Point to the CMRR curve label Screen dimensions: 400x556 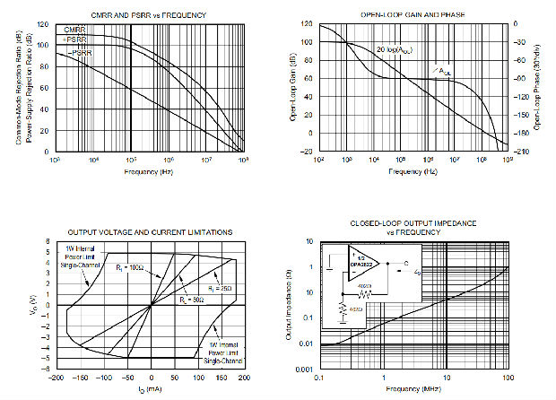[x=74, y=30]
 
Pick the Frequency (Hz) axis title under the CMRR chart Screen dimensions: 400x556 [x=149, y=170]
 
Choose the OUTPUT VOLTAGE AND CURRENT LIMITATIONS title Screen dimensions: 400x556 [x=150, y=232]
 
